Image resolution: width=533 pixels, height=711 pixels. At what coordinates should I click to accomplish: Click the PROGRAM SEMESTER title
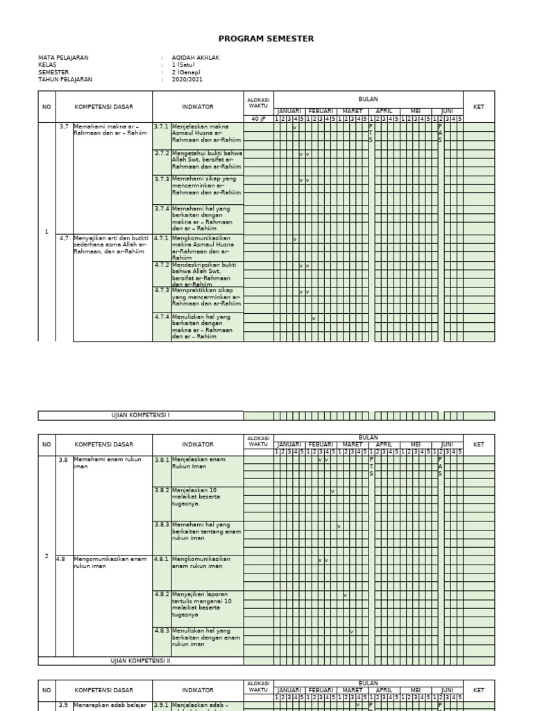click(x=266, y=39)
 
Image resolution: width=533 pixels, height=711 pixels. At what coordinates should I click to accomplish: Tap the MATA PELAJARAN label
click(x=63, y=58)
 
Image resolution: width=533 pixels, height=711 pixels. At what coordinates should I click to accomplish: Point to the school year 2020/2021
click(x=187, y=80)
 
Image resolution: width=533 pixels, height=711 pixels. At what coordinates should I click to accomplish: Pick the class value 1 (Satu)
click(x=183, y=65)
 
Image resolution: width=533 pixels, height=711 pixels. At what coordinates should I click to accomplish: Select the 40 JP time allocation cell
click(x=258, y=119)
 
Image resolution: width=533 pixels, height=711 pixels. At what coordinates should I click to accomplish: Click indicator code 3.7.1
click(x=161, y=126)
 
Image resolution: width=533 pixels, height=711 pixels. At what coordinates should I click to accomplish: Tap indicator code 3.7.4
click(x=161, y=208)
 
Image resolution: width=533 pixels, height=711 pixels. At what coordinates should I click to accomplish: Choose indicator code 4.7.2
click(x=161, y=265)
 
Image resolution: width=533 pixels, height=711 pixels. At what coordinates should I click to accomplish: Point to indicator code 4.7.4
click(x=161, y=317)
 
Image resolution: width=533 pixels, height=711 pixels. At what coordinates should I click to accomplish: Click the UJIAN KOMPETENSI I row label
click(x=140, y=415)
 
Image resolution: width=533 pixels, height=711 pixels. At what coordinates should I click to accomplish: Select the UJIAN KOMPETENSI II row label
click(x=140, y=661)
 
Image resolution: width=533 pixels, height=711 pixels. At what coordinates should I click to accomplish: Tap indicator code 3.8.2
click(x=161, y=490)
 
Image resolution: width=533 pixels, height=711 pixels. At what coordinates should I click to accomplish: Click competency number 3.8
click(x=63, y=460)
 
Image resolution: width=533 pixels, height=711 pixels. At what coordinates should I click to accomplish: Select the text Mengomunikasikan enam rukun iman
click(x=110, y=562)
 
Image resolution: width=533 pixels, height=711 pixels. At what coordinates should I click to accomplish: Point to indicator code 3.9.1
click(x=161, y=705)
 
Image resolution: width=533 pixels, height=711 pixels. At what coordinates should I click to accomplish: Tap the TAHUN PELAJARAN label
click(x=65, y=80)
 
